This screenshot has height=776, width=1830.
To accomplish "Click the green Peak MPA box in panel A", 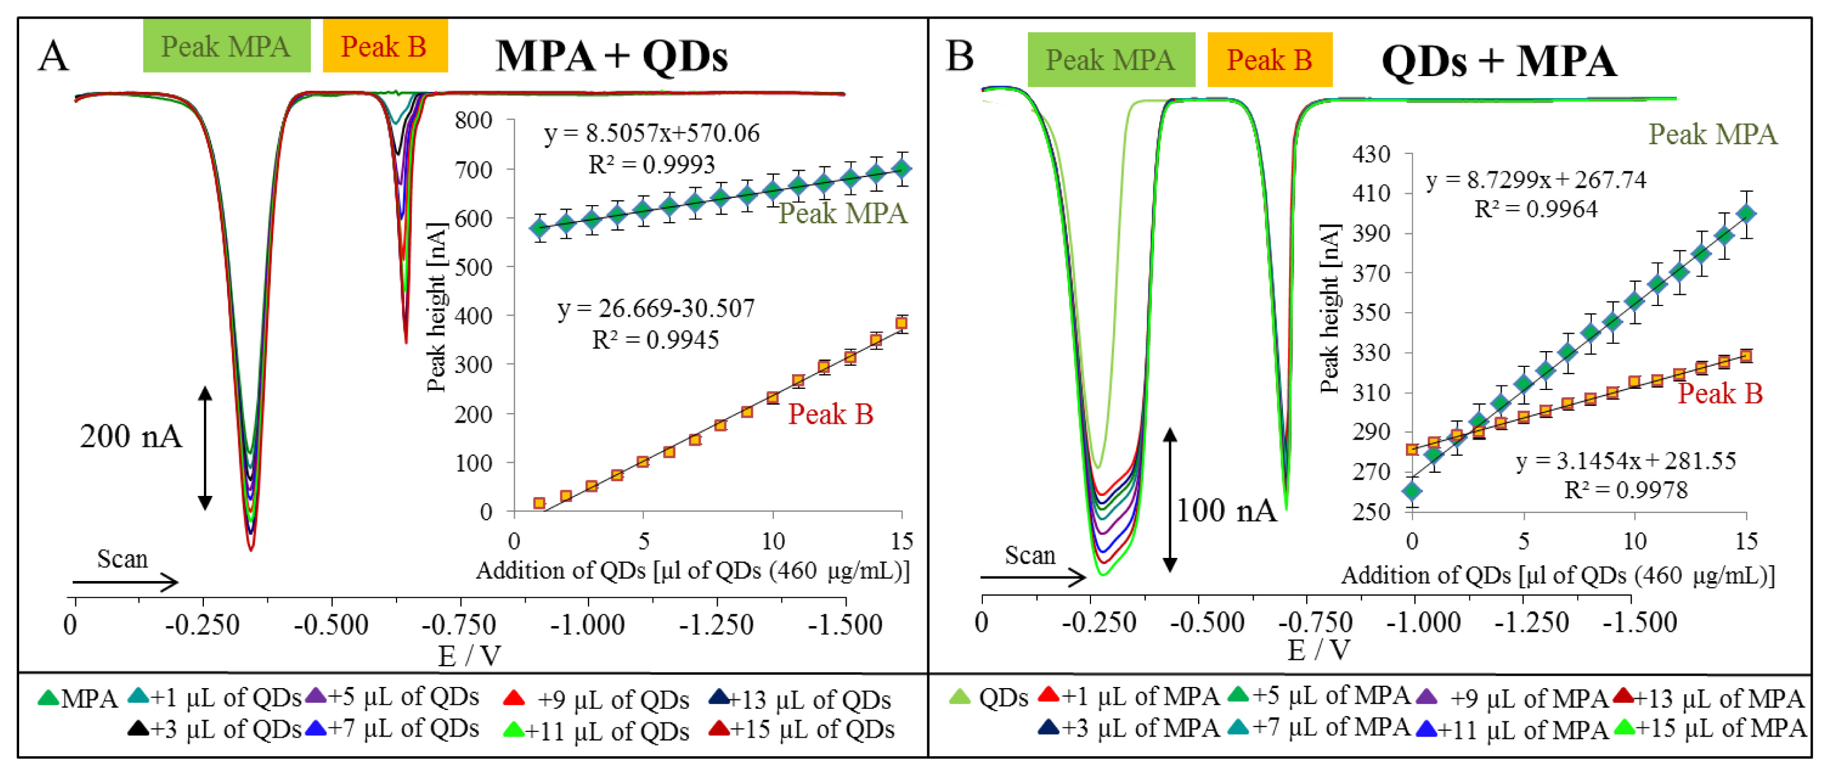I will coord(226,46).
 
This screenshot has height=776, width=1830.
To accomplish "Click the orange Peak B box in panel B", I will coord(1269,60).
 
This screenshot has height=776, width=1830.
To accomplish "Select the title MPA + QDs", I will coord(611,56).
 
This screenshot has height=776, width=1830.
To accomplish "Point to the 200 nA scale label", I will coord(131,436).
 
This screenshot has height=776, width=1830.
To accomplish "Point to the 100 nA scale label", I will coord(1226,510).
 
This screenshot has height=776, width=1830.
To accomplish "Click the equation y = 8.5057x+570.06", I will coord(652,133).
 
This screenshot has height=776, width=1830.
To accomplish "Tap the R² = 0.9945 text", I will coord(655,340).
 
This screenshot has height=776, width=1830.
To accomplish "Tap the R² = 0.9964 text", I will coord(1536,209).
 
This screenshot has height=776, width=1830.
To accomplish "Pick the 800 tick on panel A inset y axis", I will coord(474,120).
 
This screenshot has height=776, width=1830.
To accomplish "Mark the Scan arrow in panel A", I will coord(124,582).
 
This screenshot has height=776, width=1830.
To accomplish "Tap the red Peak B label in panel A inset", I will coord(830,414).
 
